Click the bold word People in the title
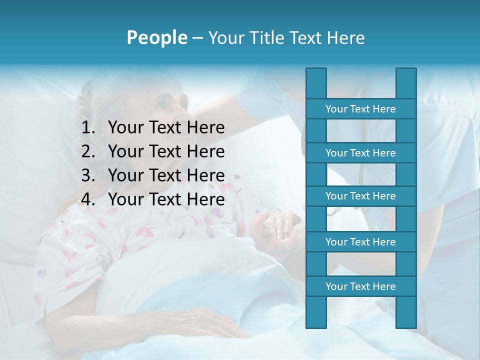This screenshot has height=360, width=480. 156,37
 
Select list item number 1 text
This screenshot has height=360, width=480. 166,128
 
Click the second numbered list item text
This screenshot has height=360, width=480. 166,151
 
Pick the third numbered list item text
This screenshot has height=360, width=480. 166,175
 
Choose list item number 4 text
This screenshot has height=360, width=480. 166,199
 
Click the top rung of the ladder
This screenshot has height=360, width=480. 360,109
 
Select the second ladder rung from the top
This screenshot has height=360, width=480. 360,153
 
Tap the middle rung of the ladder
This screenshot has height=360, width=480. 360,196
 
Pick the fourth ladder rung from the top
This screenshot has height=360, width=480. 360,242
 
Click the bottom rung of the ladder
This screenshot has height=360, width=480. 360,286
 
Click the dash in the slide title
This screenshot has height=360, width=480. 197,38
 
